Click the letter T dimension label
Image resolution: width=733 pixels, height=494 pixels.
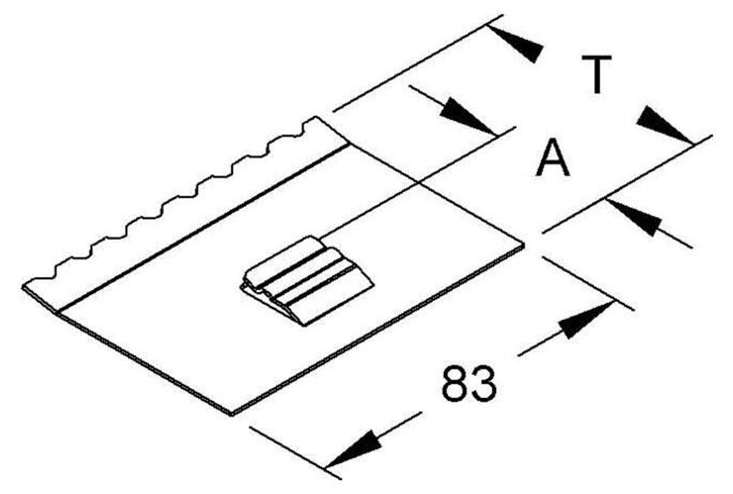596,74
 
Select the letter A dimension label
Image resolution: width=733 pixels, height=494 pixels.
553,157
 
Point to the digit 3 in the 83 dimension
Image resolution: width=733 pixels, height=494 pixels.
482,384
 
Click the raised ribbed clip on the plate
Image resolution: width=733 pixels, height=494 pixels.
307,281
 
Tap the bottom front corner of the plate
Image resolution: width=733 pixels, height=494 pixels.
232,414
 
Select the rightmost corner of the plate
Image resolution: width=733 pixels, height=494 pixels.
524,245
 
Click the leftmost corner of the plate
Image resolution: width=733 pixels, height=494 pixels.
23,286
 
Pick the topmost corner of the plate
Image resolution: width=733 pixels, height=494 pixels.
316,117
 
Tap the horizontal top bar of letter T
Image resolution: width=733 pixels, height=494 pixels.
596,59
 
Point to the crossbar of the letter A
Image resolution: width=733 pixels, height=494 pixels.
553,164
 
